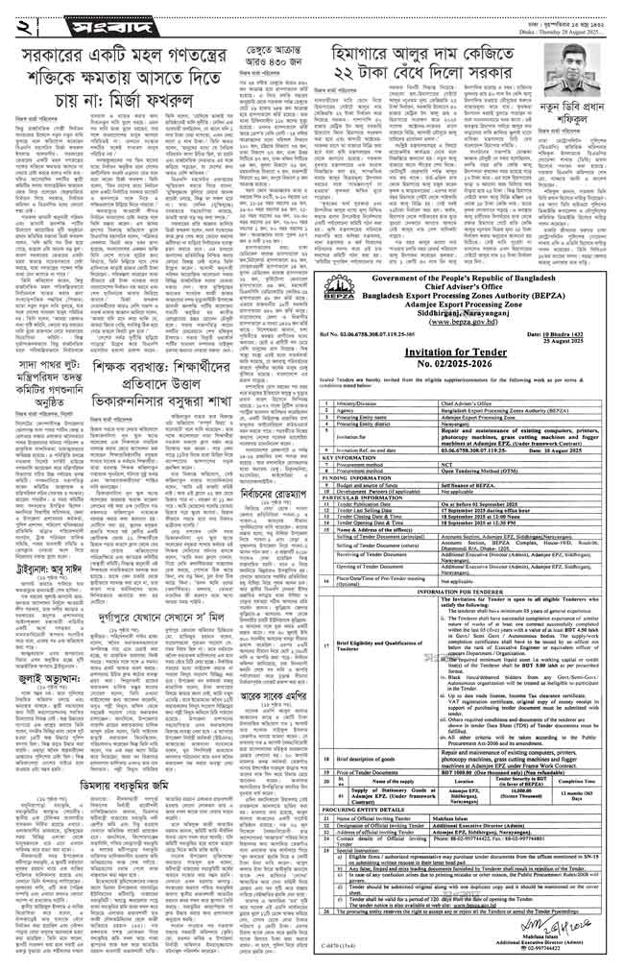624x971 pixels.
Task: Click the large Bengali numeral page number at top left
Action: [x=18, y=20]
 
